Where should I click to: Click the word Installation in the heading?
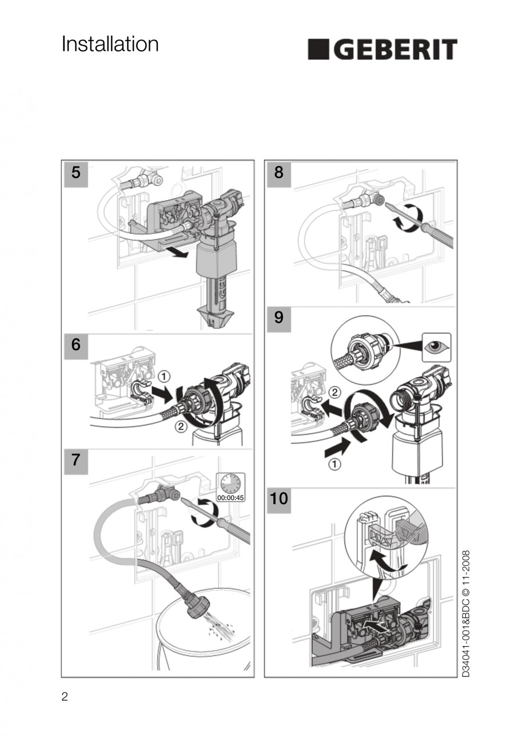coord(110,45)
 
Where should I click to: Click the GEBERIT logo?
coord(382,49)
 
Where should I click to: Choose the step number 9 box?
coord(278,319)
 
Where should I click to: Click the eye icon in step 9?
coord(436,347)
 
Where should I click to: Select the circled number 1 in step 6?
coord(164,376)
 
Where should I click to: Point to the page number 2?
coord(65,697)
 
